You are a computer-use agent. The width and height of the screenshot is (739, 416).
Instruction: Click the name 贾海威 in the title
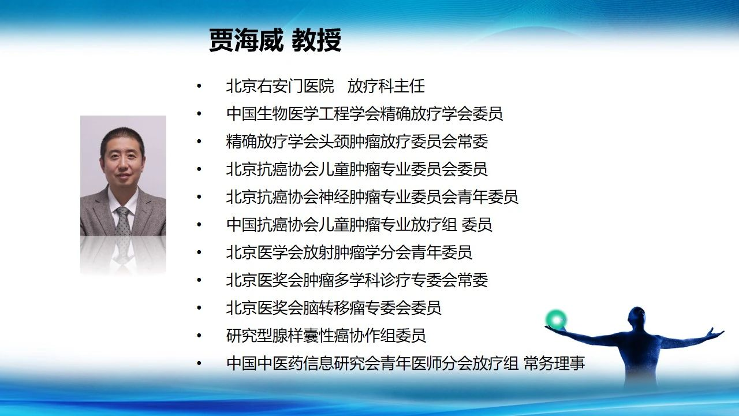(x=246, y=40)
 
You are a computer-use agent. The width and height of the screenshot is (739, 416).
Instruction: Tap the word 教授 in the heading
(x=316, y=40)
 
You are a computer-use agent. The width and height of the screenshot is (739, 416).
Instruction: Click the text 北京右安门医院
(x=280, y=86)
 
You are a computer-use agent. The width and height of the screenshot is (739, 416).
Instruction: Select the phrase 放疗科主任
(x=386, y=86)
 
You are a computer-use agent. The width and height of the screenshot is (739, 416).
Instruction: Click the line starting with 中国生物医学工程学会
(x=364, y=114)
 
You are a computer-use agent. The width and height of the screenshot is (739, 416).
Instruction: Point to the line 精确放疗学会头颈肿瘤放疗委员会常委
(x=357, y=142)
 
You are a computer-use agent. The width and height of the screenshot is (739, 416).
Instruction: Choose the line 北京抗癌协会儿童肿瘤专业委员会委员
(x=357, y=169)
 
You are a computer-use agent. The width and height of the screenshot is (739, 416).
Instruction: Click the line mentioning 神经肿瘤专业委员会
(x=372, y=197)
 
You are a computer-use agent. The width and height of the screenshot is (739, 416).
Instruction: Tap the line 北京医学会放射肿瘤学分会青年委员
(x=349, y=252)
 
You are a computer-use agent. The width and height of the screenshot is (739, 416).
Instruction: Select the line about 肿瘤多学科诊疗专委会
(x=357, y=280)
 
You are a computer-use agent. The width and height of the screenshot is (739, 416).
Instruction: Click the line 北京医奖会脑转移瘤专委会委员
(x=334, y=308)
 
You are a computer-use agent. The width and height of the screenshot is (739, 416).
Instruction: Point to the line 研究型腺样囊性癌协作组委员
(x=326, y=336)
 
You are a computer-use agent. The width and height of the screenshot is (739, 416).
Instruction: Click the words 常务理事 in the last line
(x=554, y=363)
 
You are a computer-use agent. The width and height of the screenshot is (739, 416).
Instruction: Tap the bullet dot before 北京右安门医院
(x=199, y=87)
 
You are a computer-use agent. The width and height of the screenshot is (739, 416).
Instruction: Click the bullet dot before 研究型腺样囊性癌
(x=199, y=336)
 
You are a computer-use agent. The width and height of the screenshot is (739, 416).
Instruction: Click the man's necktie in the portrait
(x=123, y=221)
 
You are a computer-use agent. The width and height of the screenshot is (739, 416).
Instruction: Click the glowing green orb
(x=557, y=319)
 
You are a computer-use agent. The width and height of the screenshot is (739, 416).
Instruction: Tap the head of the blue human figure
(x=637, y=318)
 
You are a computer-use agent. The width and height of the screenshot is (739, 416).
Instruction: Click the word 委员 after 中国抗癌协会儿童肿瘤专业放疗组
(x=477, y=225)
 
